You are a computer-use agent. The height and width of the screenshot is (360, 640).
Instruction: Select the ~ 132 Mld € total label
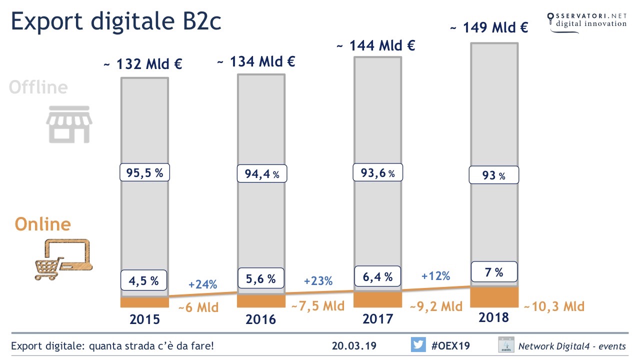pos(142,64)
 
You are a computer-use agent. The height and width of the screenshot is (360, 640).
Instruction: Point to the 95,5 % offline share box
pos(145,173)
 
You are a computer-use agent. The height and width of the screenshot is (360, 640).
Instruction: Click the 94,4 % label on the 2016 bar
pos(261,174)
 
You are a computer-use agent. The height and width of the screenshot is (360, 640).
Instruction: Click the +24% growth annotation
pos(202,285)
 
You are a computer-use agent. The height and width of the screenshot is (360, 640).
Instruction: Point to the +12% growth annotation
pos(435,275)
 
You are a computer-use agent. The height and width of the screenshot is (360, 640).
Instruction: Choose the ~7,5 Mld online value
pos(317,305)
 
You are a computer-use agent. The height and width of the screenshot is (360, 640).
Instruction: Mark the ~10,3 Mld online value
pos(553,306)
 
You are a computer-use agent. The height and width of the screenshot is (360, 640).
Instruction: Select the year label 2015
pos(145,319)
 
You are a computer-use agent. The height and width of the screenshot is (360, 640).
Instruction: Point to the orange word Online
pos(43,223)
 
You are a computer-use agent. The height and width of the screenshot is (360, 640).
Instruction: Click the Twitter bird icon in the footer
pos(418,345)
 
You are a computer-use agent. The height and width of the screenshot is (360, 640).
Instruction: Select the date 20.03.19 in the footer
pos(354,346)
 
